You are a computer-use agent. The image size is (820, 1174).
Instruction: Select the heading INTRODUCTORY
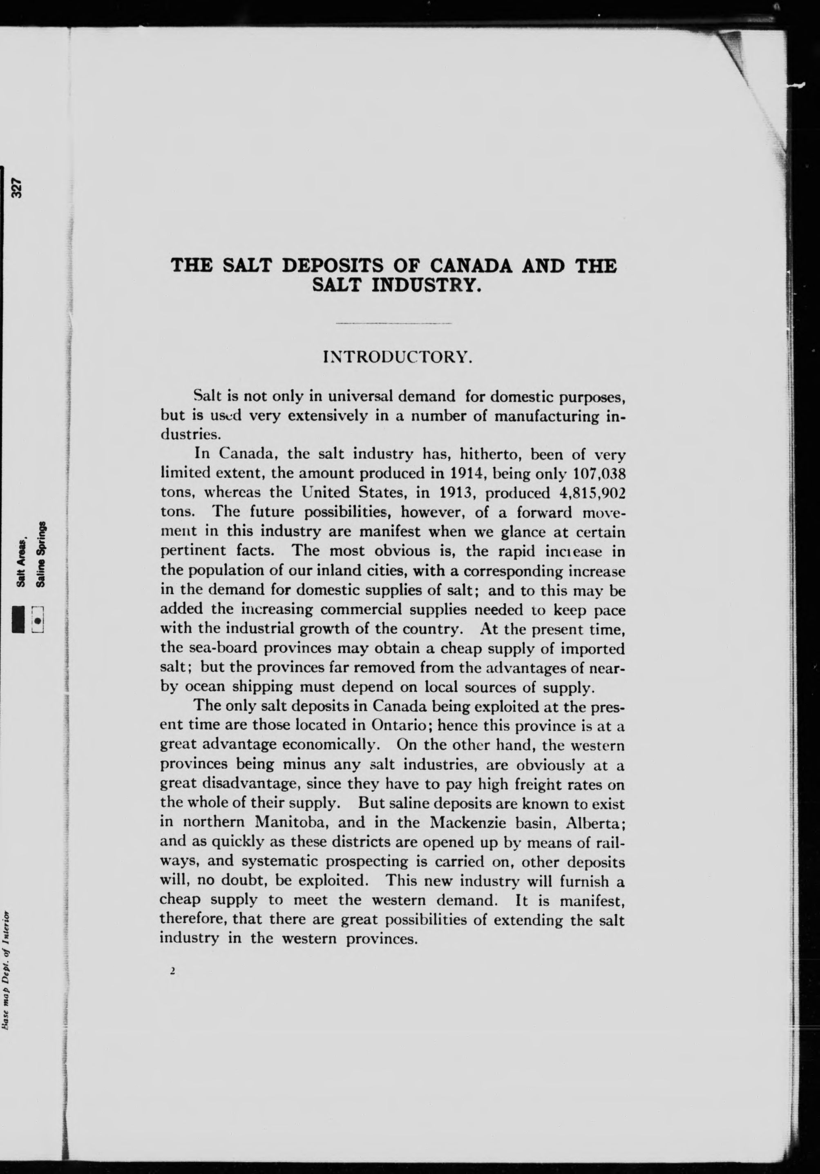[x=398, y=356]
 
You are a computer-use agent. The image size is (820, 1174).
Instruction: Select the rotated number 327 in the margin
[x=18, y=188]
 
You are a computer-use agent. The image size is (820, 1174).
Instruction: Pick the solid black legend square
[x=18, y=619]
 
